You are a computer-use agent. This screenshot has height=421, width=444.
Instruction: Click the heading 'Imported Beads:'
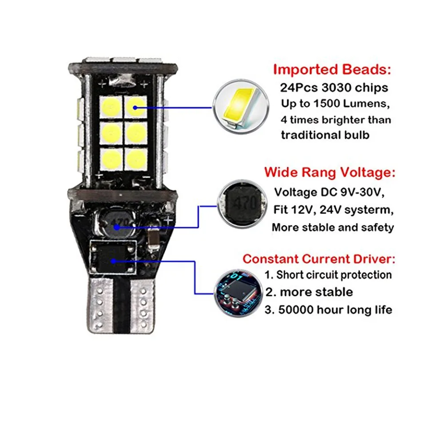pyautogui.click(x=333, y=70)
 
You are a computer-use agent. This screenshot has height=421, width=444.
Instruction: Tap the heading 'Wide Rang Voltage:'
pyautogui.click(x=330, y=172)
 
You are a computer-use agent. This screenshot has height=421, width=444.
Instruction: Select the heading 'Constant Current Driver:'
pyautogui.click(x=319, y=259)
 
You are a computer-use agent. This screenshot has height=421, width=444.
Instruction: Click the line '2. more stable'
pyautogui.click(x=309, y=292)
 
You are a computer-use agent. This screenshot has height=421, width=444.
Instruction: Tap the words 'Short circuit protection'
pyautogui.click(x=334, y=275)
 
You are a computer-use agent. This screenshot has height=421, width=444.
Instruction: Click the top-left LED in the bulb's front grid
pyautogui.click(x=111, y=106)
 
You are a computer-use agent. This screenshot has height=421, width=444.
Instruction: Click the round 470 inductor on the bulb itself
pyautogui.click(x=118, y=222)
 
